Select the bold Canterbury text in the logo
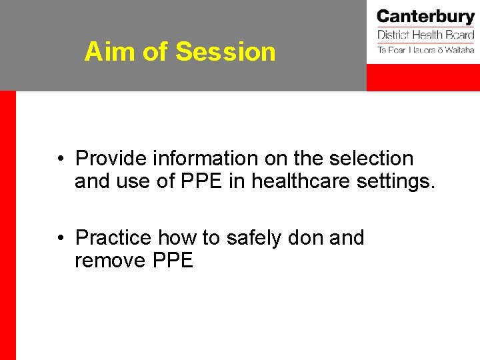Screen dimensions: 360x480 pos(425,17)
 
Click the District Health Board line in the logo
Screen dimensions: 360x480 pos(425,35)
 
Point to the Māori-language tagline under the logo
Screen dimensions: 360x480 pos(425,50)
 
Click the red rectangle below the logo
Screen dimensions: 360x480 pos(423,78)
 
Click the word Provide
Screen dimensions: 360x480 pos(111,159)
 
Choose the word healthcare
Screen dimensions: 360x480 pos(304,181)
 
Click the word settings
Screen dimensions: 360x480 pos(398,182)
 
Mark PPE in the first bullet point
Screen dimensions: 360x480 pos(198,181)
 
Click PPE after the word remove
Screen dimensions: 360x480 pos(173,260)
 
